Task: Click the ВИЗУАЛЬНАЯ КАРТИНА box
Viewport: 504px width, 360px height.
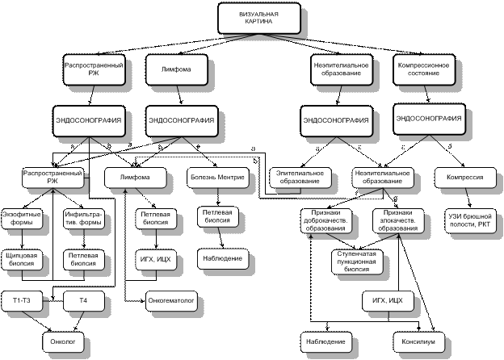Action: (259, 18)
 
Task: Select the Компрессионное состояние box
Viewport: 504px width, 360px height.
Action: (423, 69)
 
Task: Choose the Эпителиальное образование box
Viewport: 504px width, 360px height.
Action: (300, 177)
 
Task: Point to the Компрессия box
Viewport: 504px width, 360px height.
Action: (464, 177)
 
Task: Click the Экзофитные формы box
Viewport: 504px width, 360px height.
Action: (20, 219)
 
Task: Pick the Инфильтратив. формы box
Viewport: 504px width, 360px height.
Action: (82, 219)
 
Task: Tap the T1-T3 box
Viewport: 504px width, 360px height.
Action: (20, 300)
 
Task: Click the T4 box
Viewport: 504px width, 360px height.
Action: (82, 300)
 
